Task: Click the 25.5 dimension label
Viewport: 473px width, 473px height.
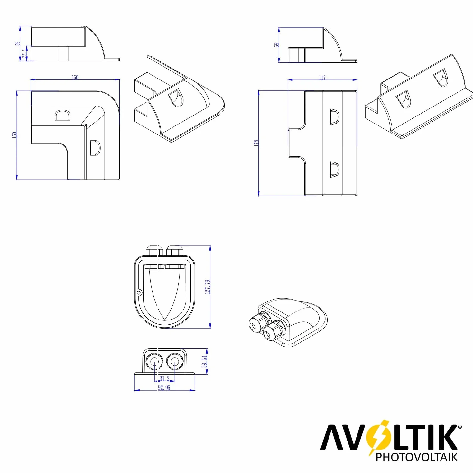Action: point(24,53)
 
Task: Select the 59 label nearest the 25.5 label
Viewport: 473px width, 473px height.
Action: point(17,43)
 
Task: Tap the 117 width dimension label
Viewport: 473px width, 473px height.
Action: point(322,78)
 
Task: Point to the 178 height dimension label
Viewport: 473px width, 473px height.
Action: point(256,143)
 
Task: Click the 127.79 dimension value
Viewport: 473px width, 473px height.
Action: point(208,287)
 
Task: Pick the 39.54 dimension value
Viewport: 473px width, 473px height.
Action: point(204,361)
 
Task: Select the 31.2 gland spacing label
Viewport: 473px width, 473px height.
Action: point(164,378)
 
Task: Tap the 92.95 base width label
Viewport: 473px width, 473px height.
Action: point(164,387)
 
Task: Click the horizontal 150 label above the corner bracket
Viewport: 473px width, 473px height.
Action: point(75,77)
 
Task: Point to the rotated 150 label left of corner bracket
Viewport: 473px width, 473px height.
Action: point(14,135)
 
